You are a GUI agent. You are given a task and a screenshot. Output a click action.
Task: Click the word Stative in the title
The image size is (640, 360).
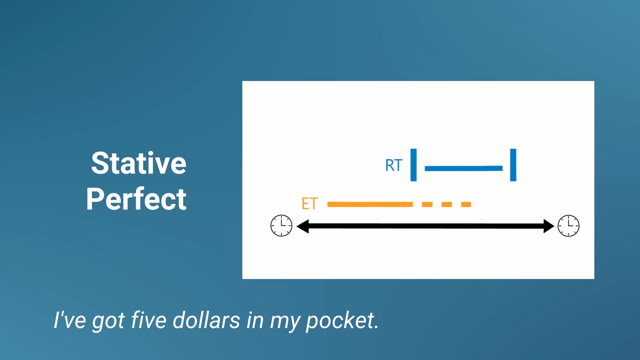(x=139, y=163)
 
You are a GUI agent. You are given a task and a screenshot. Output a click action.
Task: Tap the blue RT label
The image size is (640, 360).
(x=394, y=165)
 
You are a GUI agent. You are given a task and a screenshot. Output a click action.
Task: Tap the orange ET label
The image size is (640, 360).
(x=310, y=204)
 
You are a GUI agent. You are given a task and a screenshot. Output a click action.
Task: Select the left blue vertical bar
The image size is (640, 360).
(x=413, y=165)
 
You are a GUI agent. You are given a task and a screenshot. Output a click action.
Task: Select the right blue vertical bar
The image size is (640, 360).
(x=513, y=165)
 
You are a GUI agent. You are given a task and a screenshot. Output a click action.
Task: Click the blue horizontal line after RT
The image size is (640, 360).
(x=464, y=168)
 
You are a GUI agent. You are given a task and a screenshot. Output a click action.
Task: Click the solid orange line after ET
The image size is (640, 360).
(x=370, y=204)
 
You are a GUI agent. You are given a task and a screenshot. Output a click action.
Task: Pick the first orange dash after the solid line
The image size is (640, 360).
(x=427, y=204)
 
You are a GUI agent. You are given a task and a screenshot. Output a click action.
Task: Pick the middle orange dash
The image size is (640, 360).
(x=447, y=204)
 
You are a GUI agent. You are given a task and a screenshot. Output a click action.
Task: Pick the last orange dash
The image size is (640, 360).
(x=466, y=204)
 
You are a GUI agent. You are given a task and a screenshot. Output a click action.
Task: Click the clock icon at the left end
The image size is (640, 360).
(x=281, y=226)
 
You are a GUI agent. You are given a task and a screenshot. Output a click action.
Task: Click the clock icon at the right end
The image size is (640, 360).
(x=569, y=226)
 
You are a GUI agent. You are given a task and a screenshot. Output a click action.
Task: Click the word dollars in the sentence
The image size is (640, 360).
(x=206, y=320)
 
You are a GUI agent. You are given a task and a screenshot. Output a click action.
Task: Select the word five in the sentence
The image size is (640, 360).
(x=149, y=320)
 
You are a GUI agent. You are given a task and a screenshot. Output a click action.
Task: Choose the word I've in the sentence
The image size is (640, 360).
(x=70, y=320)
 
